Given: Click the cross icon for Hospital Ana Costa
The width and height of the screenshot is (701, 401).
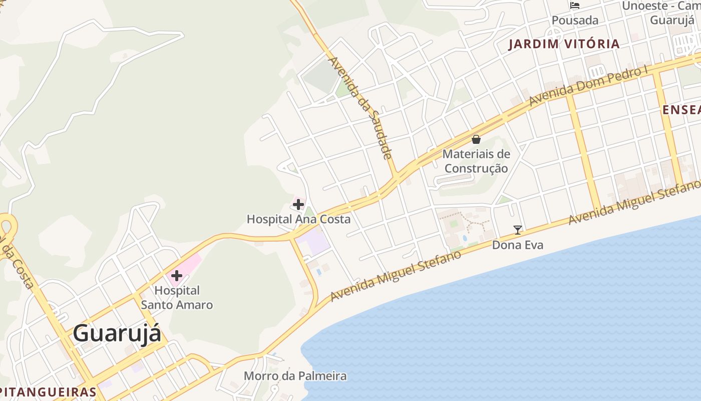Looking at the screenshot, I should pyautogui.click(x=298, y=205).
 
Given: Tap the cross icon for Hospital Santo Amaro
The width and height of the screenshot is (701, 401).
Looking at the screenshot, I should pyautogui.click(x=176, y=276).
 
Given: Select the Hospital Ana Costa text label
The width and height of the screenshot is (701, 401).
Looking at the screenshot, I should pyautogui.click(x=298, y=219).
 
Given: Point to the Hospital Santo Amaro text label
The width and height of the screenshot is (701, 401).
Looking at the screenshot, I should pyautogui.click(x=177, y=298).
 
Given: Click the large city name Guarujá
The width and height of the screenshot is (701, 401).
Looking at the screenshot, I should pyautogui.click(x=117, y=333).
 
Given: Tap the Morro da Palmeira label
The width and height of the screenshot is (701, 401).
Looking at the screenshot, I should pyautogui.click(x=295, y=376).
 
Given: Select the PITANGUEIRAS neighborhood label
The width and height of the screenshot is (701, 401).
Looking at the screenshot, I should pyautogui.click(x=48, y=392).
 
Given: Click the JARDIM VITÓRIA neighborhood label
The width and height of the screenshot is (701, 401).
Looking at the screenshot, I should pyautogui.click(x=564, y=44).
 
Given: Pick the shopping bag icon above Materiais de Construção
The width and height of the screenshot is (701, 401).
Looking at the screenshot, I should pyautogui.click(x=476, y=139).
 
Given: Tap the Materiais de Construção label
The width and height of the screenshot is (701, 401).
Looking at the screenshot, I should pyautogui.click(x=476, y=161).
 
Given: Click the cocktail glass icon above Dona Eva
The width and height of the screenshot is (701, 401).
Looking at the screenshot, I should pyautogui.click(x=518, y=230).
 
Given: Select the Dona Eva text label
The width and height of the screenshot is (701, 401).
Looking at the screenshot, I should pyautogui.click(x=518, y=245).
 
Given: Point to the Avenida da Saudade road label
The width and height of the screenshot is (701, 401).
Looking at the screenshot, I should pyautogui.click(x=360, y=108).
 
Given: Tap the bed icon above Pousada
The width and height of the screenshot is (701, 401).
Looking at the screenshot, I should pyautogui.click(x=575, y=6).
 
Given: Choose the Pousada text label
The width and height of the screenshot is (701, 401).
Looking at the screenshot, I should pyautogui.click(x=575, y=21).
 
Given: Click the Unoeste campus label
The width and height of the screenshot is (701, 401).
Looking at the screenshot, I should pyautogui.click(x=660, y=13).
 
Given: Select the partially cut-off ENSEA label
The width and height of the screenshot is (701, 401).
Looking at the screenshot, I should pyautogui.click(x=681, y=110).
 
